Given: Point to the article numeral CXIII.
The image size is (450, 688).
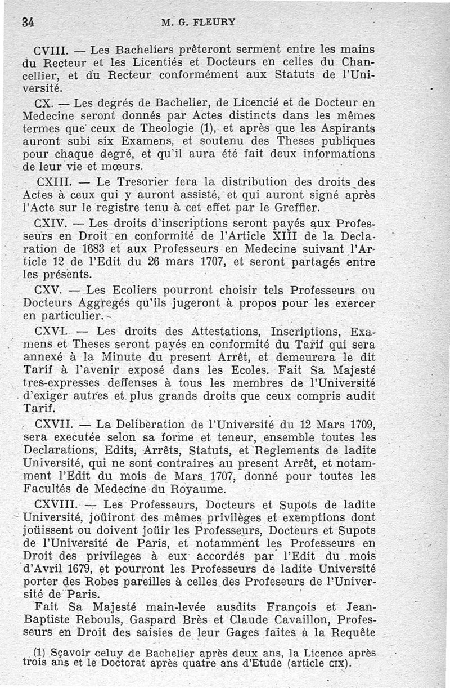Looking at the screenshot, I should pyautogui.click(x=52, y=182).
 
